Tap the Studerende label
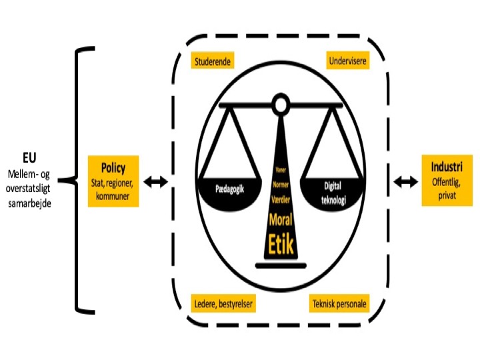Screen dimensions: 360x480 (213, 62)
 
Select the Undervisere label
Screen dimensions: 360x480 (347, 62)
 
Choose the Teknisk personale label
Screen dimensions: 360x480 (339, 304)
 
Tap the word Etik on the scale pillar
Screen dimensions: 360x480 (281, 245)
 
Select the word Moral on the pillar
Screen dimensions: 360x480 (281, 220)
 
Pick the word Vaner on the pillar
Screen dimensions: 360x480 (281, 169)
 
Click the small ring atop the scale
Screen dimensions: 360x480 (281, 103)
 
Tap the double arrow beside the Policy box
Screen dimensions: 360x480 (157, 181)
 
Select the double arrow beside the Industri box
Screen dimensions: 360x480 (404, 181)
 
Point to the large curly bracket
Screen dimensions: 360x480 (79, 180)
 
